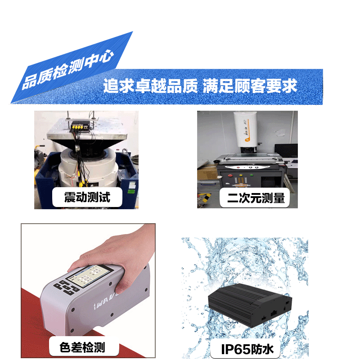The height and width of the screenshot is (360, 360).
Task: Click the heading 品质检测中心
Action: point(68,69)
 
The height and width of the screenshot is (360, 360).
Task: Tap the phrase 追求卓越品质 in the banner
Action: point(150,86)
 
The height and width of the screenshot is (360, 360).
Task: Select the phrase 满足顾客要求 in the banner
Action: point(250,86)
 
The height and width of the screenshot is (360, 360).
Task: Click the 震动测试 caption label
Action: point(87,197)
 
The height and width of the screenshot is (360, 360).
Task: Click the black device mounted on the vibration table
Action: point(80,126)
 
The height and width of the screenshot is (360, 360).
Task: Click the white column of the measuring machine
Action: point(245,129)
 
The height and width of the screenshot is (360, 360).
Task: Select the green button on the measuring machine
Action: point(252,175)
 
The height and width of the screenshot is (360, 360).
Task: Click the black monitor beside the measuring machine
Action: point(286,150)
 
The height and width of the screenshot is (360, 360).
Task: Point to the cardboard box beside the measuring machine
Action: point(207,173)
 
